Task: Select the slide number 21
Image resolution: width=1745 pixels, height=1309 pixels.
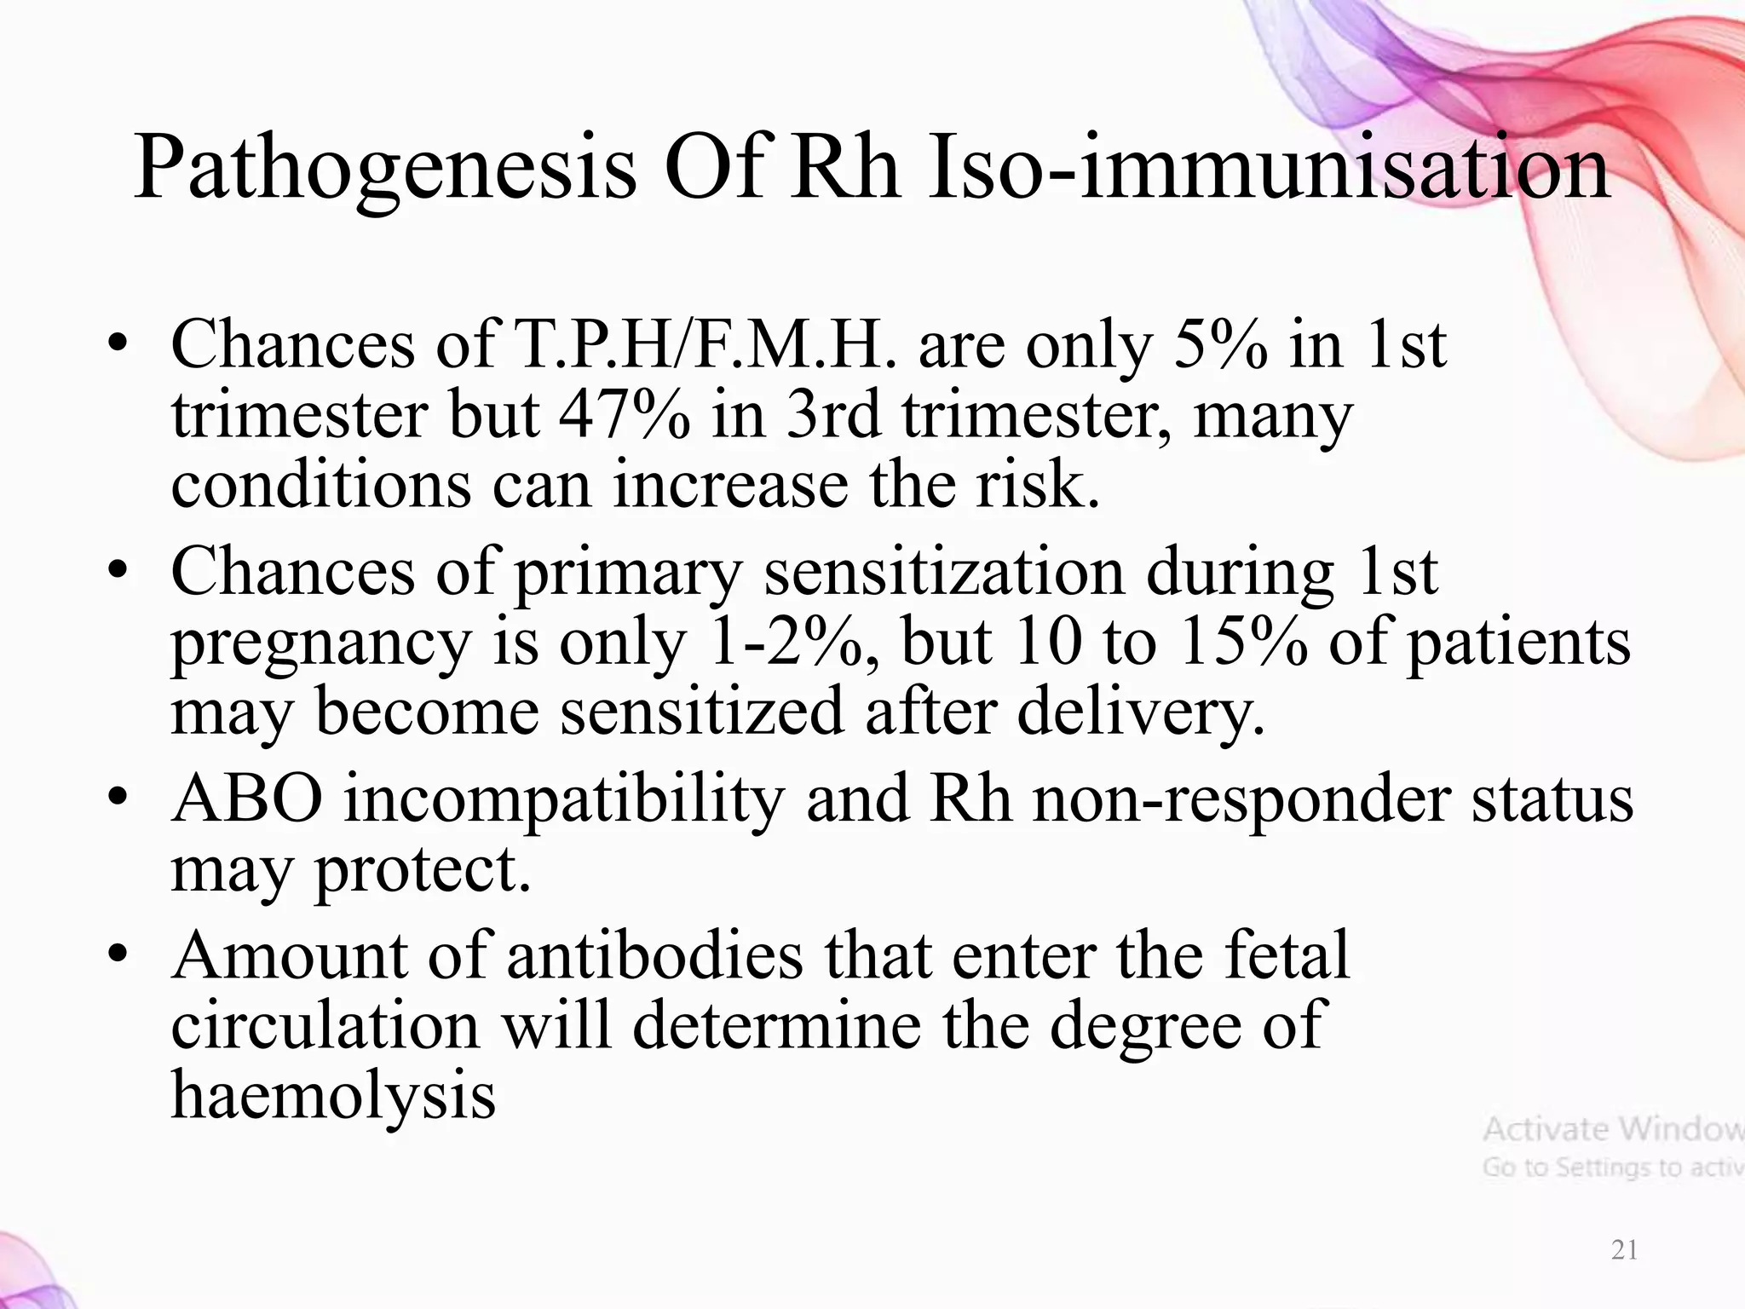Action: [x=1625, y=1250]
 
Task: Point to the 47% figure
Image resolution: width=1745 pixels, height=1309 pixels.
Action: [x=625, y=415]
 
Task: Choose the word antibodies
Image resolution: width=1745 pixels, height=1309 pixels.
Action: [x=654, y=955]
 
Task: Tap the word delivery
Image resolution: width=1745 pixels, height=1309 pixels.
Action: [x=1141, y=712]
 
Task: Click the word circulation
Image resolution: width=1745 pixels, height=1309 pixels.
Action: [x=325, y=1025]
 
